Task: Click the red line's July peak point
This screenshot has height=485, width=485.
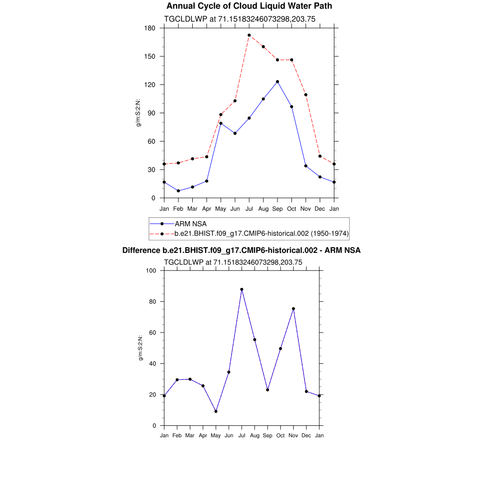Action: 249,35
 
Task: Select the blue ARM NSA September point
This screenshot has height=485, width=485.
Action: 278,81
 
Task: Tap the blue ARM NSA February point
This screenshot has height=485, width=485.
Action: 179,191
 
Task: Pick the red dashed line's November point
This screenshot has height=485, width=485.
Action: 306,95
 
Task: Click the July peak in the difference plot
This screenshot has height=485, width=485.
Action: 242,289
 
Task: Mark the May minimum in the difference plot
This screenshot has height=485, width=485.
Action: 216,411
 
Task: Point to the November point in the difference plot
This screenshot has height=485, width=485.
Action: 294,309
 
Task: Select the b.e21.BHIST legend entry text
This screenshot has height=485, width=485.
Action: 261,233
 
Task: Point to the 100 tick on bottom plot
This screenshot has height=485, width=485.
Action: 152,271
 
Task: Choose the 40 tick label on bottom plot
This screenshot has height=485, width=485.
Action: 153,364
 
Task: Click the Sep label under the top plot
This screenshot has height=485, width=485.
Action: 278,209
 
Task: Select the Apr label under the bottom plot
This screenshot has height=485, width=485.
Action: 203,435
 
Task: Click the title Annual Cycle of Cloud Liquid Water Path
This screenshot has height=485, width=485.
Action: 249,6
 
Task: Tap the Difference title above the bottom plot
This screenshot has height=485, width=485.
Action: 242,250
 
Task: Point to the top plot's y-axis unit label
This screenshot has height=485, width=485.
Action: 139,113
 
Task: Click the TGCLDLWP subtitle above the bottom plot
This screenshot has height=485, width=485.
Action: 233,262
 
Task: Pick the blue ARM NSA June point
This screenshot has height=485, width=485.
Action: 235,133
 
